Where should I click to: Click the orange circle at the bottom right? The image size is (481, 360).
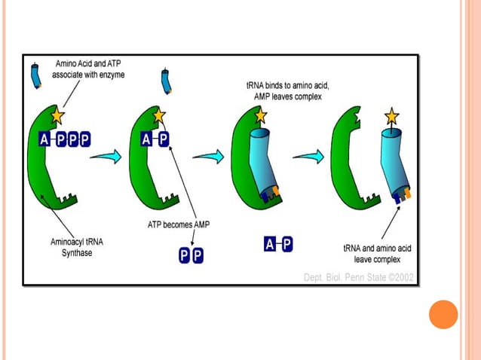[x=443, y=314]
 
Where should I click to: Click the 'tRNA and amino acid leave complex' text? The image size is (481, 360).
[x=376, y=252]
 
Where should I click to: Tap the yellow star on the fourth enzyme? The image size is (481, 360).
[x=392, y=117]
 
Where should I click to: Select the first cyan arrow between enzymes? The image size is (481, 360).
[x=106, y=156]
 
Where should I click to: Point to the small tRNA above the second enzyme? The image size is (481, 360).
[x=167, y=81]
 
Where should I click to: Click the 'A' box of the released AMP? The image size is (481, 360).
[x=269, y=243]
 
